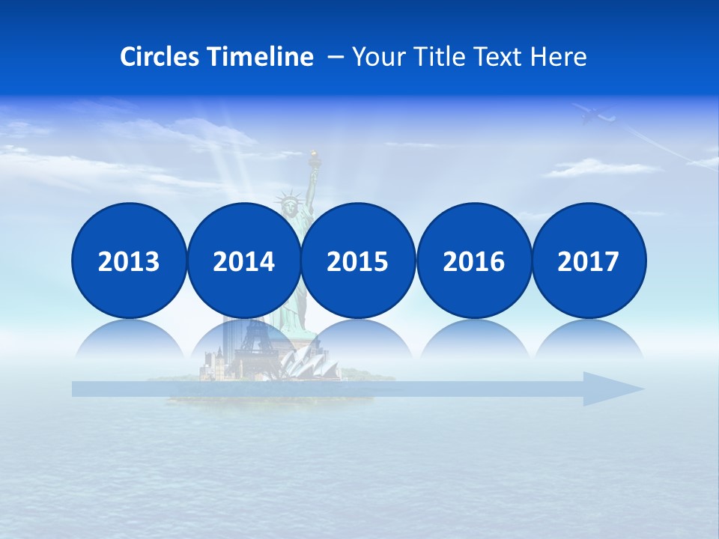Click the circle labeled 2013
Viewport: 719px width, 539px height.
tap(129, 261)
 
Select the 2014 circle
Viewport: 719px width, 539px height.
tap(243, 261)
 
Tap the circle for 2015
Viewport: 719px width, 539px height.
tap(358, 261)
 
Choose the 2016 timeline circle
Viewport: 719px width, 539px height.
tap(473, 261)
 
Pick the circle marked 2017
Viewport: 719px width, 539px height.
tap(589, 261)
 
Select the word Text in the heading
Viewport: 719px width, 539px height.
tap(503, 57)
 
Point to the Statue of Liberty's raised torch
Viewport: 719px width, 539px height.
tap(315, 158)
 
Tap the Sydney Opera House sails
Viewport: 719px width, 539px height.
tap(309, 363)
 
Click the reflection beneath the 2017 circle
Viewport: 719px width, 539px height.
tap(589, 341)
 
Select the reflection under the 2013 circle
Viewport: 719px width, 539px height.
tap(129, 341)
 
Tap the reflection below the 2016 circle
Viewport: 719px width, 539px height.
tap(473, 341)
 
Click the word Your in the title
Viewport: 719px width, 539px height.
tap(380, 57)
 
